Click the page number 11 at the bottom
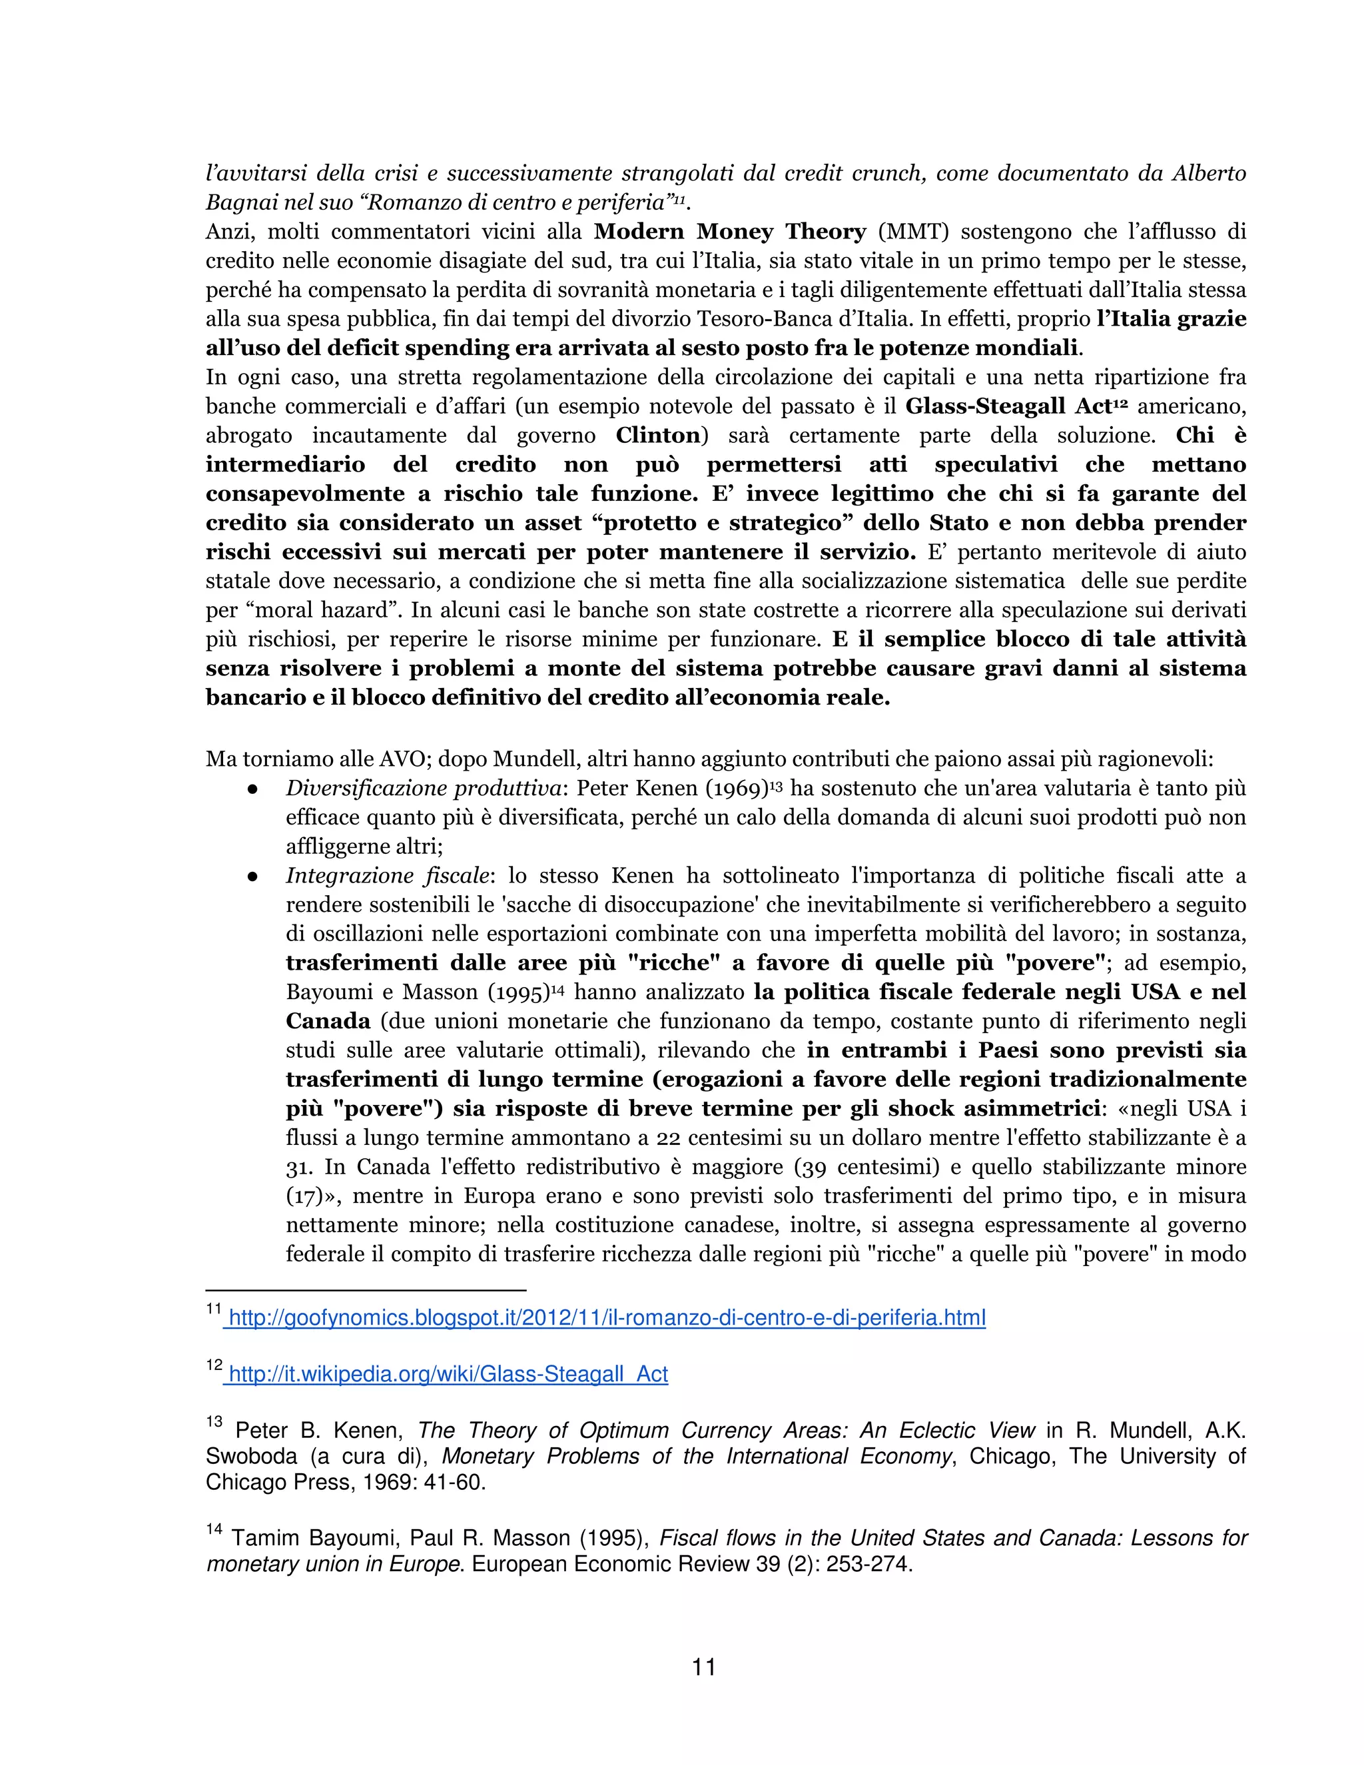[x=704, y=1666]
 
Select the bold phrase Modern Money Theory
[x=730, y=232]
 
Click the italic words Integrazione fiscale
[x=387, y=876]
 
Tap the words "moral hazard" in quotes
[x=311, y=610]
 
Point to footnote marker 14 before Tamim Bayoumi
[x=214, y=1529]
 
